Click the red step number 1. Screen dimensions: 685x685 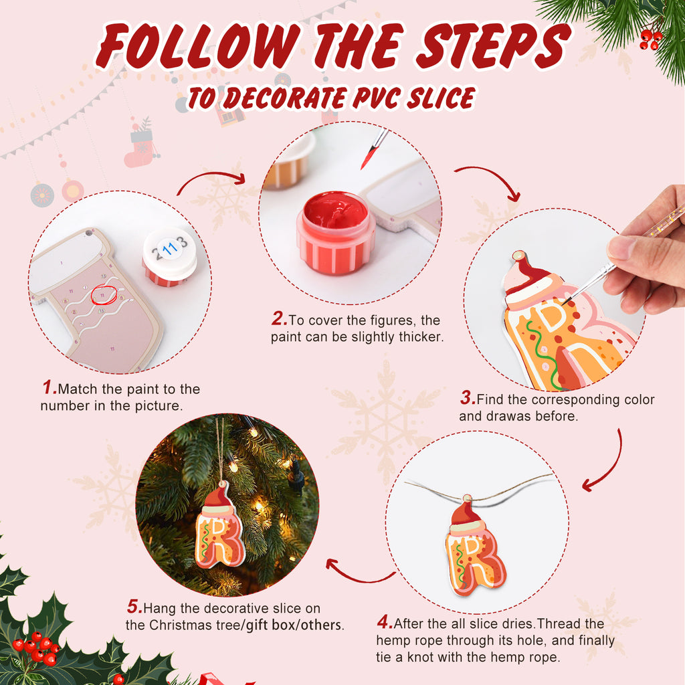pos(49,388)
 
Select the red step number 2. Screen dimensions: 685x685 pos(279,320)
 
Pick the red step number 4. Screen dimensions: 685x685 pos(385,623)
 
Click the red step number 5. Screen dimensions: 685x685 pos(134,608)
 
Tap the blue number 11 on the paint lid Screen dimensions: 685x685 pos(170,250)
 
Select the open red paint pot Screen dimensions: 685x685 pos(335,231)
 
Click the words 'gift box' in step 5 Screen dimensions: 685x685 pos(268,625)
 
